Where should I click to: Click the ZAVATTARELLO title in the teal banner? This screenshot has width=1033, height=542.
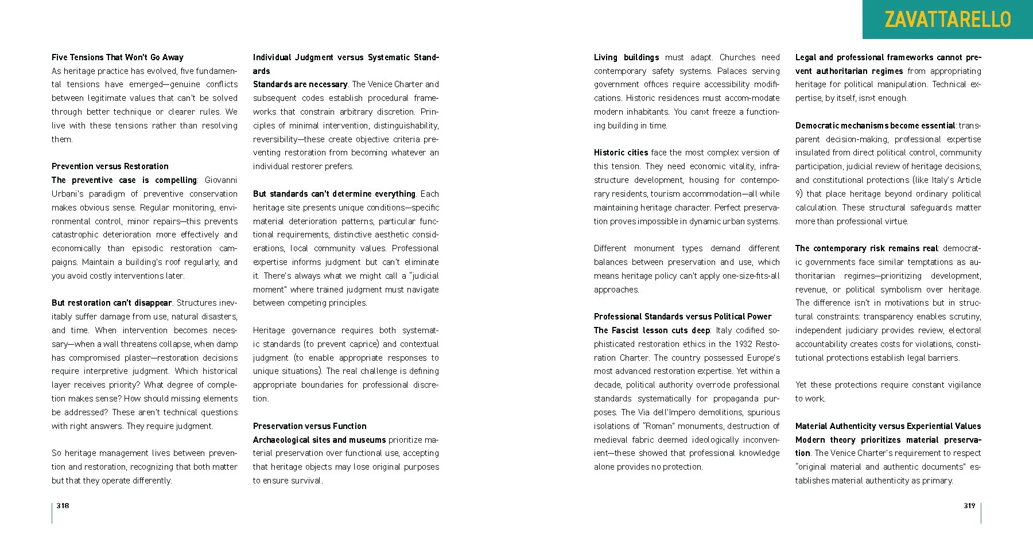(947, 20)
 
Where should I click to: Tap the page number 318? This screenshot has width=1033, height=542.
(63, 505)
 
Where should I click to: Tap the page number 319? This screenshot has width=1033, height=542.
(969, 505)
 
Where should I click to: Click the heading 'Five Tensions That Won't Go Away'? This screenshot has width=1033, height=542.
(118, 57)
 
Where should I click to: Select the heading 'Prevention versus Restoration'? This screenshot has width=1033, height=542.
(110, 166)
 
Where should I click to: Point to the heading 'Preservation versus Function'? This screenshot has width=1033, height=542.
(309, 426)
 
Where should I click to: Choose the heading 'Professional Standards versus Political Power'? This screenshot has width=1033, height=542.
(682, 317)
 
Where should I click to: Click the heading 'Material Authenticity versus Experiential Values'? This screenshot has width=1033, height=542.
(888, 426)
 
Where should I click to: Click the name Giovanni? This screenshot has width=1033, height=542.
(221, 180)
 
